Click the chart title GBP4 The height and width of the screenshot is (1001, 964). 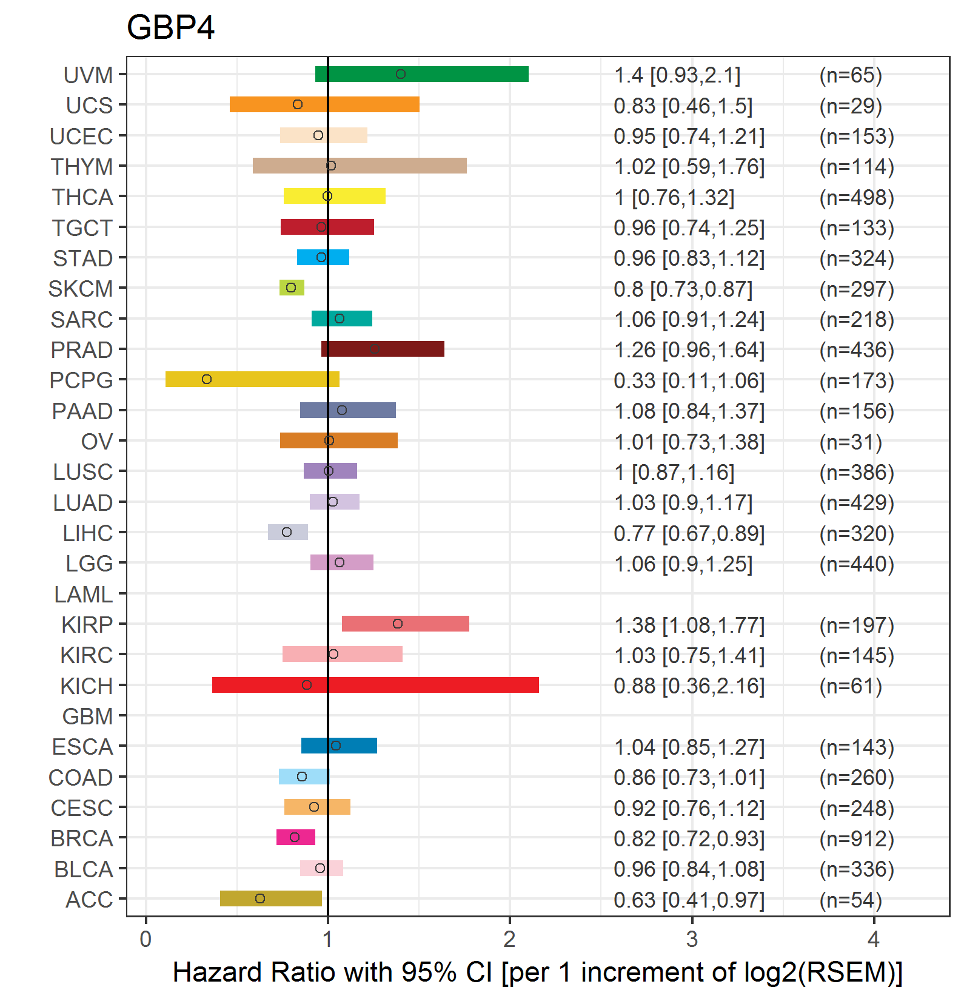(170, 28)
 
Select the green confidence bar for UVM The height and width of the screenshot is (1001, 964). (422, 74)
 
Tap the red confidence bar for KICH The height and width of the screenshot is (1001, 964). (375, 685)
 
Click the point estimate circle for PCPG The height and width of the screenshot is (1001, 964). (207, 379)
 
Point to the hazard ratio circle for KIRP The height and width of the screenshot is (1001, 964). (397, 624)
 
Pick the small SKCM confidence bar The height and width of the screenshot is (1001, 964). (292, 288)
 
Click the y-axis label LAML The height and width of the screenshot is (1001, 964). (83, 595)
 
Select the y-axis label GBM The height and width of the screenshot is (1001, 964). (87, 716)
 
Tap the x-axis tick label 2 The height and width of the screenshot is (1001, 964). (510, 939)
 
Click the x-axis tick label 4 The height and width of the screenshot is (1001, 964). (874, 939)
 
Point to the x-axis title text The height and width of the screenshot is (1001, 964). (537, 972)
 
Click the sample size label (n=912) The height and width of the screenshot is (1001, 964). (857, 838)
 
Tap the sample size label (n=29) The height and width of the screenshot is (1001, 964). (851, 106)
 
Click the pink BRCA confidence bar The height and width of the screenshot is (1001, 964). (296, 837)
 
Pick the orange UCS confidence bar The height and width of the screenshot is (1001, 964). (324, 104)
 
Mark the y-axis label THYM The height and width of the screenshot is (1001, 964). (82, 167)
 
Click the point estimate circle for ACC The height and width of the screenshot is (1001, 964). (260, 898)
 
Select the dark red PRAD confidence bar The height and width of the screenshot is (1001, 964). (383, 349)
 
